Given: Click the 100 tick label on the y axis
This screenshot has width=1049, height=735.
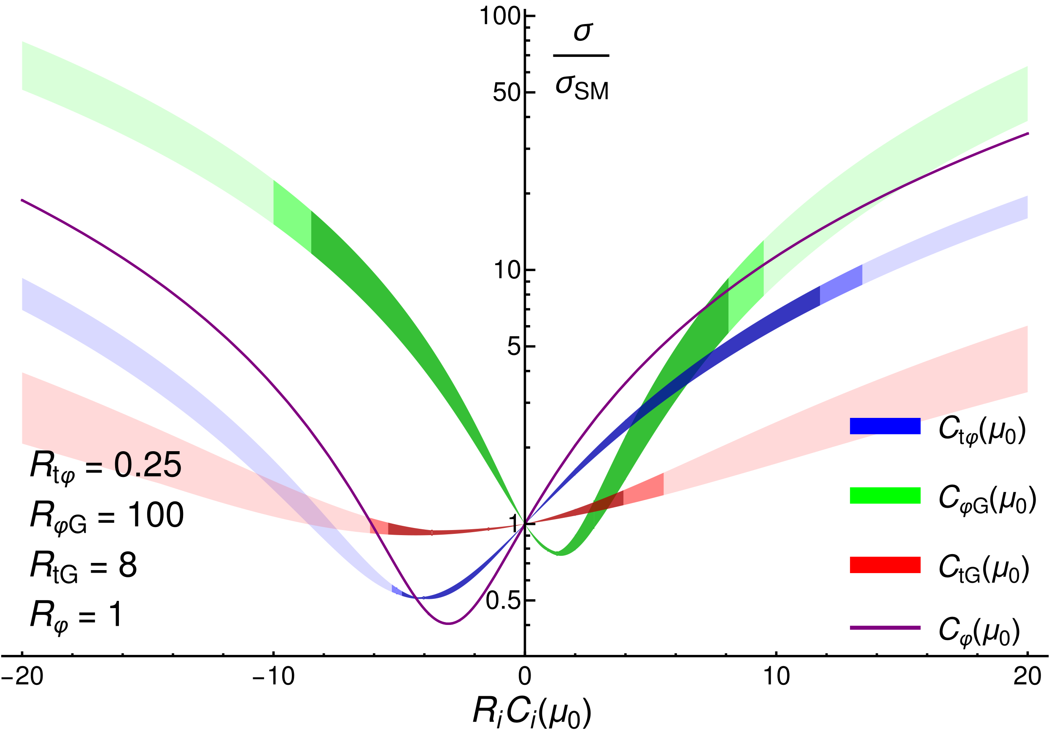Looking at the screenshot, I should pos(499,16).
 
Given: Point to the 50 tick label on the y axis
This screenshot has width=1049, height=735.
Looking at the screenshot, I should pos(507,93).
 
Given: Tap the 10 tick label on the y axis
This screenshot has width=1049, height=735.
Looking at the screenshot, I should pos(507,270).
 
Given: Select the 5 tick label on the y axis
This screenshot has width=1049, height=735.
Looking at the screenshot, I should pos(514,347).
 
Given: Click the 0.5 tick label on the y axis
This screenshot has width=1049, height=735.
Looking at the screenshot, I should pos(503,601).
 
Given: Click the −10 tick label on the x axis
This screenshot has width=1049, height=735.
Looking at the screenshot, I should pos(273,676).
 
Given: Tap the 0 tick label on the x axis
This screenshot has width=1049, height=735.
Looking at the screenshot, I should pos(525,676).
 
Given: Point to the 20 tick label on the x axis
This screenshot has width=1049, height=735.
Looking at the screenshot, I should pos(1027,676).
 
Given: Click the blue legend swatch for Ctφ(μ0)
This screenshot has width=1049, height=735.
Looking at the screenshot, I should pos(885,426).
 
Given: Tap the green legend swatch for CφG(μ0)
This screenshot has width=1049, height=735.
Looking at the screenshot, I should pos(885,495).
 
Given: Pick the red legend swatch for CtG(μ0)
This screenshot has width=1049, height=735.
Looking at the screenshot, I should pos(885,565).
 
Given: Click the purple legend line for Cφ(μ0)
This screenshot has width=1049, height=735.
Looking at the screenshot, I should pos(885,628).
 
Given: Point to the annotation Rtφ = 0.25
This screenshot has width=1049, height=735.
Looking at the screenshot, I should pos(105,467).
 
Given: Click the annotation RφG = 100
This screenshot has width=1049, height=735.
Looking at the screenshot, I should pos(107,517).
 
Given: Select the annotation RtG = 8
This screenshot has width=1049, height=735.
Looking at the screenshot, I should pos(84,566).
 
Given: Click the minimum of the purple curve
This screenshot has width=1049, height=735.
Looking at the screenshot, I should pos(449,624).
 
